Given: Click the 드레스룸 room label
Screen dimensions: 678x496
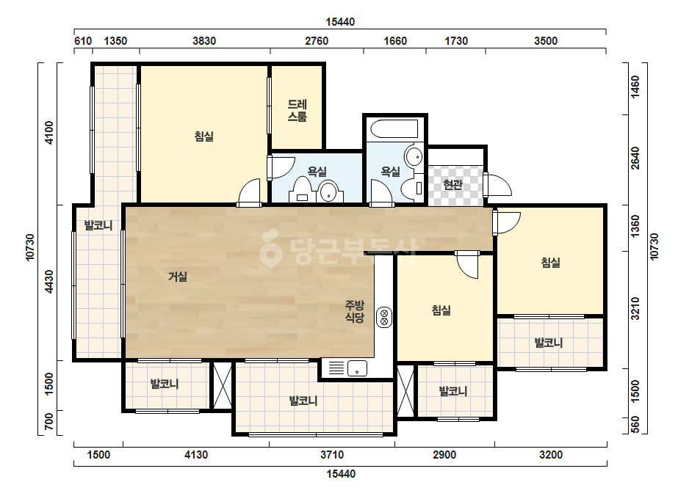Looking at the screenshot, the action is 297,110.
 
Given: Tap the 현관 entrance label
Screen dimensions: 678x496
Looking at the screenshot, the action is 452,185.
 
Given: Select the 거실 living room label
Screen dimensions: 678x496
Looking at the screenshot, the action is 178,277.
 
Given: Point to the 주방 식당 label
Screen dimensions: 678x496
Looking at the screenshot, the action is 355,312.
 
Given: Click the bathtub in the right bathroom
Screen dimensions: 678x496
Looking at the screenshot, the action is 394,128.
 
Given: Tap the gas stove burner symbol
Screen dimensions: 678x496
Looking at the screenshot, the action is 384,317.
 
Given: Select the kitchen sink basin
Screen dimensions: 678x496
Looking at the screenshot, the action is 357,368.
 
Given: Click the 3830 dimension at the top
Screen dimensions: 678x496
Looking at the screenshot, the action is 204,41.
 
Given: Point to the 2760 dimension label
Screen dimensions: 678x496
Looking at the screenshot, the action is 317,41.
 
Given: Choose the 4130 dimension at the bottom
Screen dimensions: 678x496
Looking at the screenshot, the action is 196,454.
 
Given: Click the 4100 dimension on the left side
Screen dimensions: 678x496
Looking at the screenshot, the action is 49,133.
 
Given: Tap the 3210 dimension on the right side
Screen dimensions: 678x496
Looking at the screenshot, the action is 635,308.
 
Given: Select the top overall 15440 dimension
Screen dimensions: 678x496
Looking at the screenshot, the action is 340,22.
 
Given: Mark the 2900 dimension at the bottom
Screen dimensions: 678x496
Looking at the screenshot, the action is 444,454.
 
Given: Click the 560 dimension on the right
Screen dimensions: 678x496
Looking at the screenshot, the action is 635,425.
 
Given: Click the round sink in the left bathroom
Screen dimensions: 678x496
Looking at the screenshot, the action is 329,192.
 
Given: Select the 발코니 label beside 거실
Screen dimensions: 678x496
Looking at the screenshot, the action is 98,225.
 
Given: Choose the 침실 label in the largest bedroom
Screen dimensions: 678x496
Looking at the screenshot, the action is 203,136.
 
